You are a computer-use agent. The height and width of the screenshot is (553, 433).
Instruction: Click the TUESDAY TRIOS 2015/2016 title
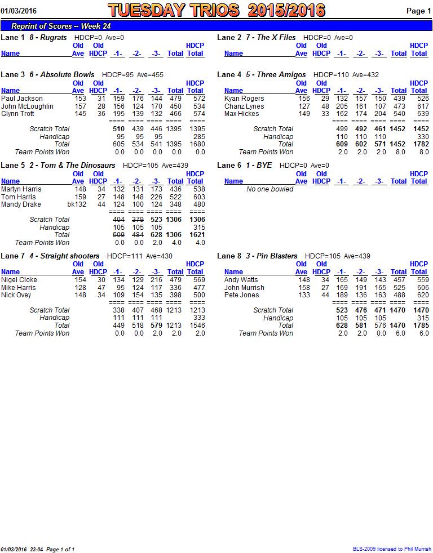(x=216, y=11)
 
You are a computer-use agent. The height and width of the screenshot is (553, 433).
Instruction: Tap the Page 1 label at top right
(x=418, y=11)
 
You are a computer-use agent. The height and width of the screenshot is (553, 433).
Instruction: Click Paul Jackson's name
(x=22, y=99)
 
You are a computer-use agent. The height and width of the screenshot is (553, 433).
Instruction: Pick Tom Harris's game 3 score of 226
(x=156, y=197)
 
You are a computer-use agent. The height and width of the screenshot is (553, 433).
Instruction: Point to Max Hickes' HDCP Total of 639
(x=422, y=114)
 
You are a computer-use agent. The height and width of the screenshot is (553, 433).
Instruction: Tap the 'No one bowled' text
(x=270, y=189)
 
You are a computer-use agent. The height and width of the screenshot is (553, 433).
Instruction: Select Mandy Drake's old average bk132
(x=77, y=204)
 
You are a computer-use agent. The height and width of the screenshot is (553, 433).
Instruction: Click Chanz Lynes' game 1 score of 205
(x=342, y=106)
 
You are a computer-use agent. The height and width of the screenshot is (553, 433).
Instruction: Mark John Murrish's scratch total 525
(x=399, y=287)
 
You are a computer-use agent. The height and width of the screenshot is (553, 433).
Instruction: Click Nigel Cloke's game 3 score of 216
(x=156, y=280)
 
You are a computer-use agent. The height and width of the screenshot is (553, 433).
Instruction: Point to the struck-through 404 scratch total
(x=118, y=220)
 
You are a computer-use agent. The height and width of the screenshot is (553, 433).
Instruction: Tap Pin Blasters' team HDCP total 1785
(x=421, y=325)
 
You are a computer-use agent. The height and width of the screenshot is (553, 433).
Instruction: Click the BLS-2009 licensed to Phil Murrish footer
(x=392, y=548)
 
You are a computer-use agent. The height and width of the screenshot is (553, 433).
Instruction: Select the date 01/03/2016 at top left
(x=19, y=11)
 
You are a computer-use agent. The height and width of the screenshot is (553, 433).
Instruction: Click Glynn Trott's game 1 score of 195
(x=118, y=114)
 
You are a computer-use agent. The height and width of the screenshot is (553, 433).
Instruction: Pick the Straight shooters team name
(x=70, y=256)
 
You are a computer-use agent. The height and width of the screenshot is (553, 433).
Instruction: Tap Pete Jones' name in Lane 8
(x=241, y=295)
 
